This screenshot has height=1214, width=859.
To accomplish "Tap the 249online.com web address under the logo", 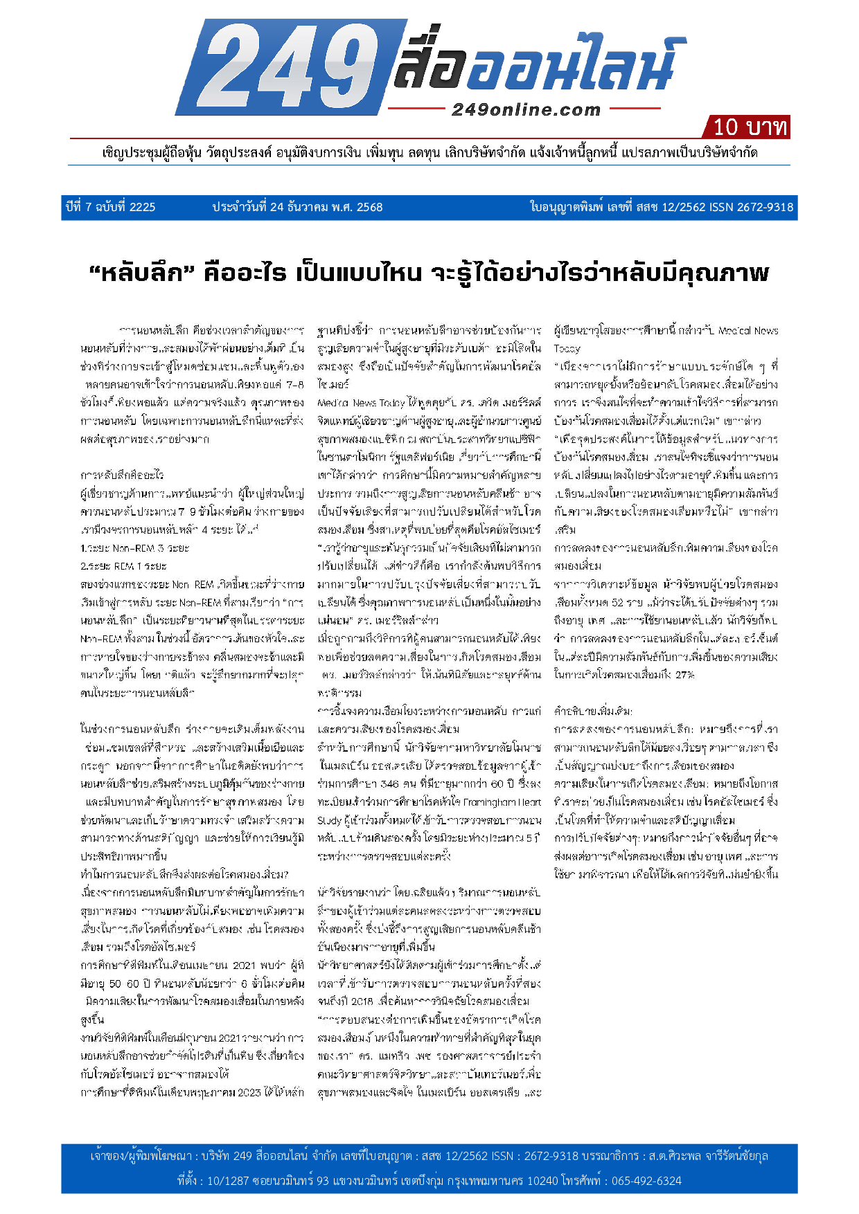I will (x=526, y=109).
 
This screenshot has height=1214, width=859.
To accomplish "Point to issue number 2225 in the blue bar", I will (x=142, y=207).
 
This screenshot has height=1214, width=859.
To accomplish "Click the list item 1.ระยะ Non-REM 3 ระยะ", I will (x=134, y=548).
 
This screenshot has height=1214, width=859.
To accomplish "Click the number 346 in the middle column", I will (x=390, y=784).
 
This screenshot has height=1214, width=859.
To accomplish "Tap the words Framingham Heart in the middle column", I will (x=506, y=802).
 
